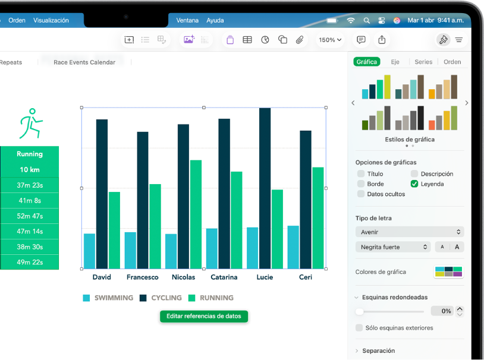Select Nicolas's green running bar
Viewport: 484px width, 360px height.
196,214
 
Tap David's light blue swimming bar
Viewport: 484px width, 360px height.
90,251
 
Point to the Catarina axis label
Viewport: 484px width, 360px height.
224,277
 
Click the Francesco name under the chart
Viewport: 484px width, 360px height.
143,277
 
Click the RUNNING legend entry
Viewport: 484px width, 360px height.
211,298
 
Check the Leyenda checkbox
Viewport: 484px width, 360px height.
414,184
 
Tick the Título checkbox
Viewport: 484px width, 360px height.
361,174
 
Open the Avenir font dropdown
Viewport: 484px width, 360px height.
410,232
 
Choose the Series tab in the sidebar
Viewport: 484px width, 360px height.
423,62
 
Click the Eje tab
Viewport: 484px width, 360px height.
395,62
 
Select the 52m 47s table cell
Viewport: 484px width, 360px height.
29,216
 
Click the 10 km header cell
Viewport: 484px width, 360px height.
29,169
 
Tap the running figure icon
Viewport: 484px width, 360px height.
29,123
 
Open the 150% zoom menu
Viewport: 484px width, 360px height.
330,40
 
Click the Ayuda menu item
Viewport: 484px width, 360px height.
215,20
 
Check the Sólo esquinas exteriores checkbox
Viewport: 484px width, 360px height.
359,328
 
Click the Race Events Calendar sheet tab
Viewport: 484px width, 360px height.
84,62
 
